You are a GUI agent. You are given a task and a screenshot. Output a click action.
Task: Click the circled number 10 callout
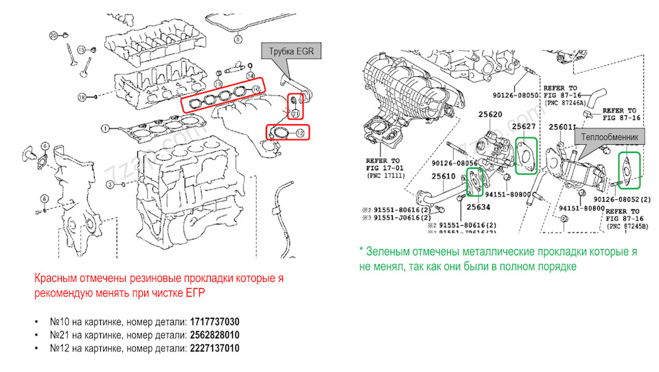click(255, 89)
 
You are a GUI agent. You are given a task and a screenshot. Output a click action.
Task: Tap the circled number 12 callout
click(299, 132)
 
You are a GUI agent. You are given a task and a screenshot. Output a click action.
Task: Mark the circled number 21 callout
click(294, 113)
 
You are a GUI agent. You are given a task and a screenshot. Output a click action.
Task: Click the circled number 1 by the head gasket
click(105, 128)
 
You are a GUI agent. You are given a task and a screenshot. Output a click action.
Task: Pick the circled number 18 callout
click(81, 97)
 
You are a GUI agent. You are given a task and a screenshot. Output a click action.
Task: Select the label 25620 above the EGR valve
click(478, 115)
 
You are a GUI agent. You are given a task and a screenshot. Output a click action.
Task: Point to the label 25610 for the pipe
click(443, 176)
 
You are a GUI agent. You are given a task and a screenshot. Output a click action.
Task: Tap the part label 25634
click(478, 206)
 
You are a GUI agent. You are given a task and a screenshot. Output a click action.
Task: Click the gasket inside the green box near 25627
click(527, 154)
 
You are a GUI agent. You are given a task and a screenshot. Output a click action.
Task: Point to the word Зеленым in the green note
click(388, 252)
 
